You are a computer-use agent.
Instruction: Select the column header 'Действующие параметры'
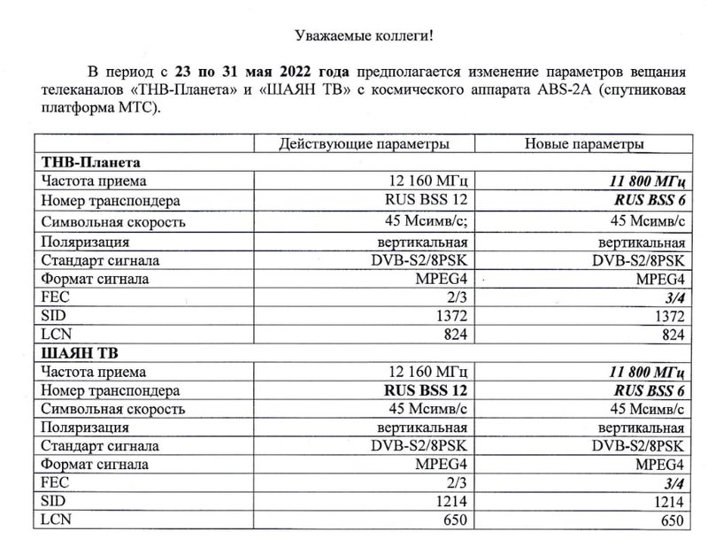pyautogui.click(x=363, y=143)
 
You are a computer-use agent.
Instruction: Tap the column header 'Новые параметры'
pyautogui.click(x=584, y=143)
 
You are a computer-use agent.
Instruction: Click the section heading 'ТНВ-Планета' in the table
pyautogui.click(x=91, y=162)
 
